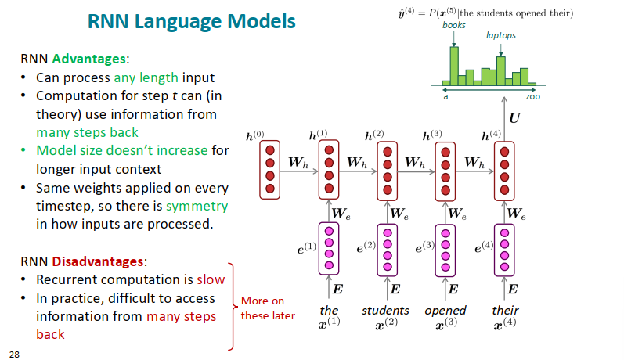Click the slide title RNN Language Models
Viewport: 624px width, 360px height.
[191, 21]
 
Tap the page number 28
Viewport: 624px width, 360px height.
[14, 354]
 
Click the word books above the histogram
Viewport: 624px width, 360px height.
[453, 25]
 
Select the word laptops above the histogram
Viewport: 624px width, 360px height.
[501, 35]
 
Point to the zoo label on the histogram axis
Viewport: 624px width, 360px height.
[532, 96]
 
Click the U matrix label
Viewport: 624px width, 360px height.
[514, 118]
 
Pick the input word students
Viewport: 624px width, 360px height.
[385, 311]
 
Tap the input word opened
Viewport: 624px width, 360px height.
[445, 311]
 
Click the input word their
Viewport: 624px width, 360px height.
[505, 311]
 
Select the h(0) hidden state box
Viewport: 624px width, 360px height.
[271, 169]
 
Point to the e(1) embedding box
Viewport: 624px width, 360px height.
[330, 248]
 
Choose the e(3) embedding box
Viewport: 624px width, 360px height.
[446, 248]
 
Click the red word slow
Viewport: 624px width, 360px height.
[211, 279]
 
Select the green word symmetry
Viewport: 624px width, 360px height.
[197, 207]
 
